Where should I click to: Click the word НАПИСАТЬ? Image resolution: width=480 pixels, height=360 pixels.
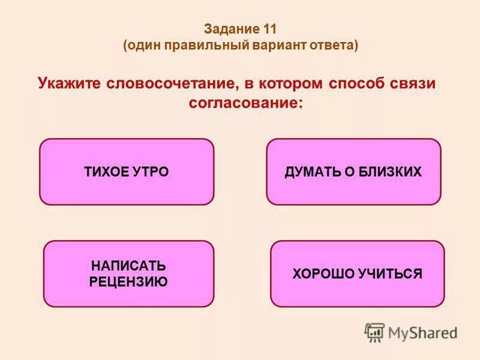pyautogui.click(x=128, y=266)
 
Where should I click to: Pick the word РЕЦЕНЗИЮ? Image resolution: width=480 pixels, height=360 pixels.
pyautogui.click(x=128, y=281)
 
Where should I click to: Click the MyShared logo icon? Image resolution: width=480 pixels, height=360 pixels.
pyautogui.click(x=374, y=332)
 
